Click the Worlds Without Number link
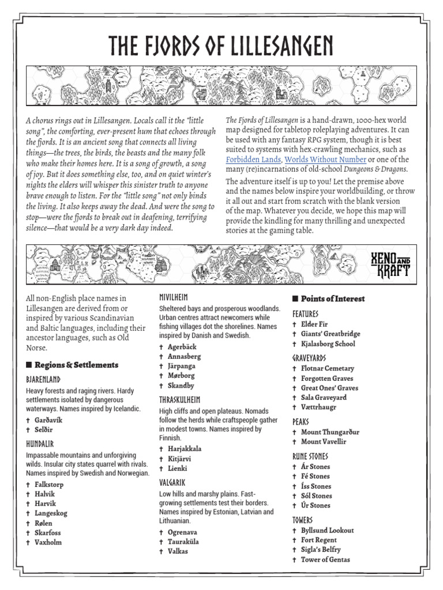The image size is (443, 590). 325,160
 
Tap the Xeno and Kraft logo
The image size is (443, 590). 391,263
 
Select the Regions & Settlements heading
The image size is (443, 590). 76,365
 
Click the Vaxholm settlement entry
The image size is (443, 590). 48,542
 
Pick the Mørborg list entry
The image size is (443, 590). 181,376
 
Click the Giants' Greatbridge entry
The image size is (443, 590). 331,334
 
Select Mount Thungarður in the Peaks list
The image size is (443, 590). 330,432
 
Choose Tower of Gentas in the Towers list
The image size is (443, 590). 325,559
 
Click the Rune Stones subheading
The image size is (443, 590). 311,456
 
